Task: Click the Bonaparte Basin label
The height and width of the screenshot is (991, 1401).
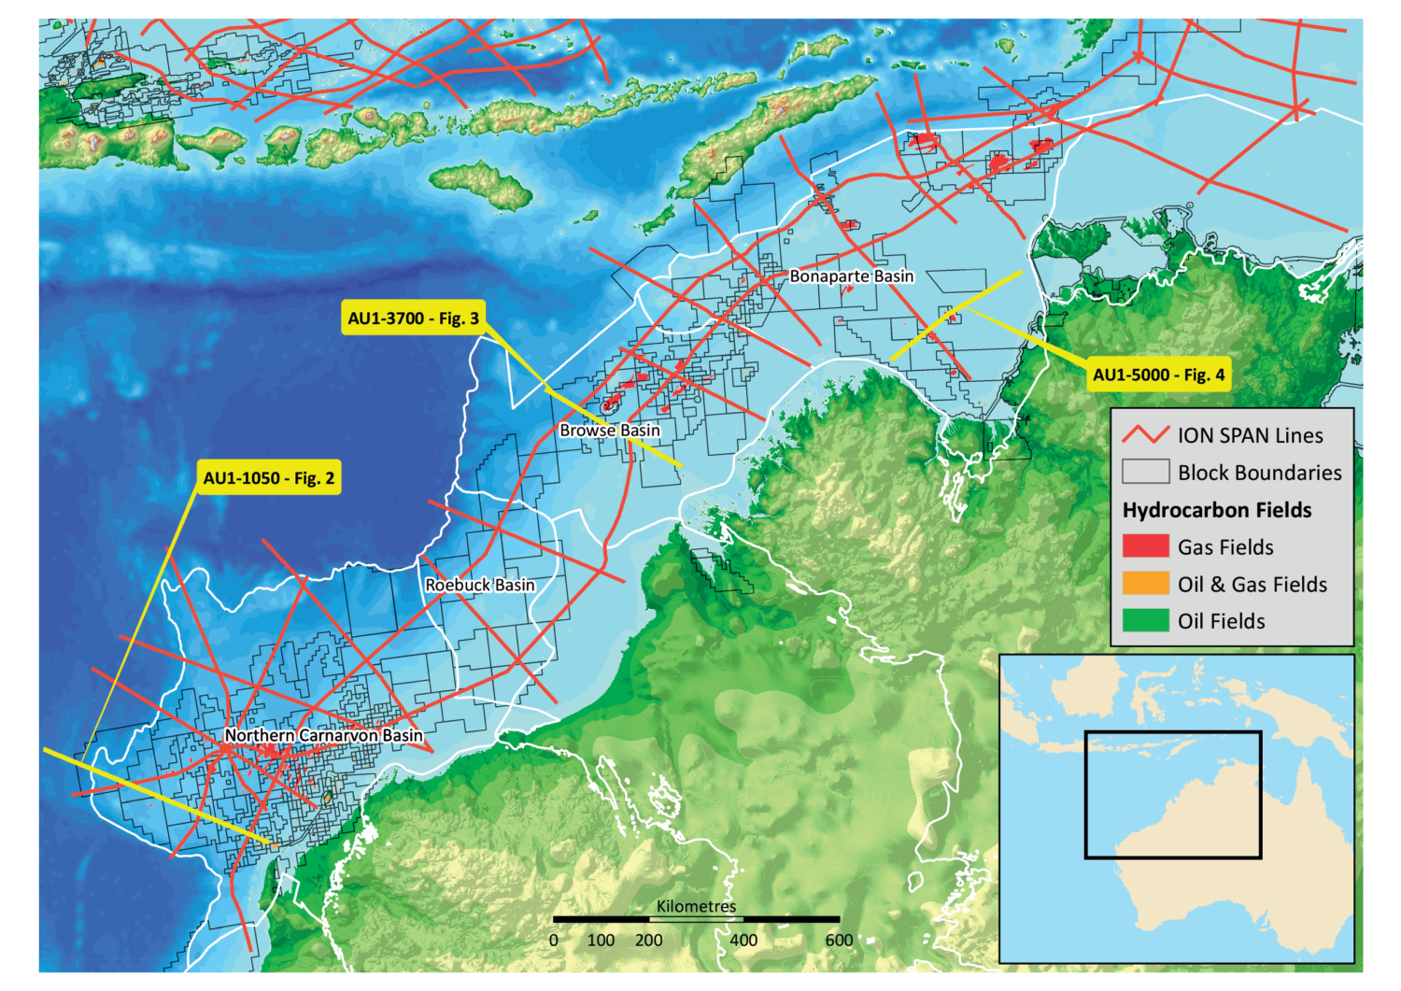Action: (851, 276)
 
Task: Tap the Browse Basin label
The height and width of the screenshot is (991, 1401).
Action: (609, 431)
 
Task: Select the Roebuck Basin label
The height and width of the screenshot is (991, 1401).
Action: (480, 585)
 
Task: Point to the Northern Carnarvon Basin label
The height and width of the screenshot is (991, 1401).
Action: (323, 736)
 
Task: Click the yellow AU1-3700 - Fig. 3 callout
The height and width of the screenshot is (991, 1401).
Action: (414, 319)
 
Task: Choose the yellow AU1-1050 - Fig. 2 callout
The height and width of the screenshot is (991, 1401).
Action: (269, 478)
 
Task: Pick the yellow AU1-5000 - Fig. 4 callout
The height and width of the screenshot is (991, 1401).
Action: (1158, 375)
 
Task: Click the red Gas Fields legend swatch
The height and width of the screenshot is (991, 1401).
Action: (1145, 546)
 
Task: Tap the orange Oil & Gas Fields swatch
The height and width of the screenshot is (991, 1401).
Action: (1145, 584)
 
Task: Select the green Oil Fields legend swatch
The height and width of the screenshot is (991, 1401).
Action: (1145, 621)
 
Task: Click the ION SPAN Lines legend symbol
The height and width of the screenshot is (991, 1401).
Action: (1145, 435)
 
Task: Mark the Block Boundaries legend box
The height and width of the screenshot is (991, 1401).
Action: (1145, 472)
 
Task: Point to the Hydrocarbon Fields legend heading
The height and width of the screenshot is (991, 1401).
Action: (1217, 510)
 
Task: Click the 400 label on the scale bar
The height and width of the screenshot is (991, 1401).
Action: (743, 941)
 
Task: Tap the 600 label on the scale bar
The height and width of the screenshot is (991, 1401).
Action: (839, 941)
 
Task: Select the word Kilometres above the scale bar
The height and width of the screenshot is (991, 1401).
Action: (696, 906)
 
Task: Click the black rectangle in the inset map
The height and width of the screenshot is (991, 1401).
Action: (1173, 731)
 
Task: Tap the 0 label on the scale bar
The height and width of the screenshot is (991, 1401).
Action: (554, 941)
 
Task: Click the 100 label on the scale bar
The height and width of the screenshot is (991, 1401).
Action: (601, 941)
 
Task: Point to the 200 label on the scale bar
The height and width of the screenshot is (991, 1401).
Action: (648, 941)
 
